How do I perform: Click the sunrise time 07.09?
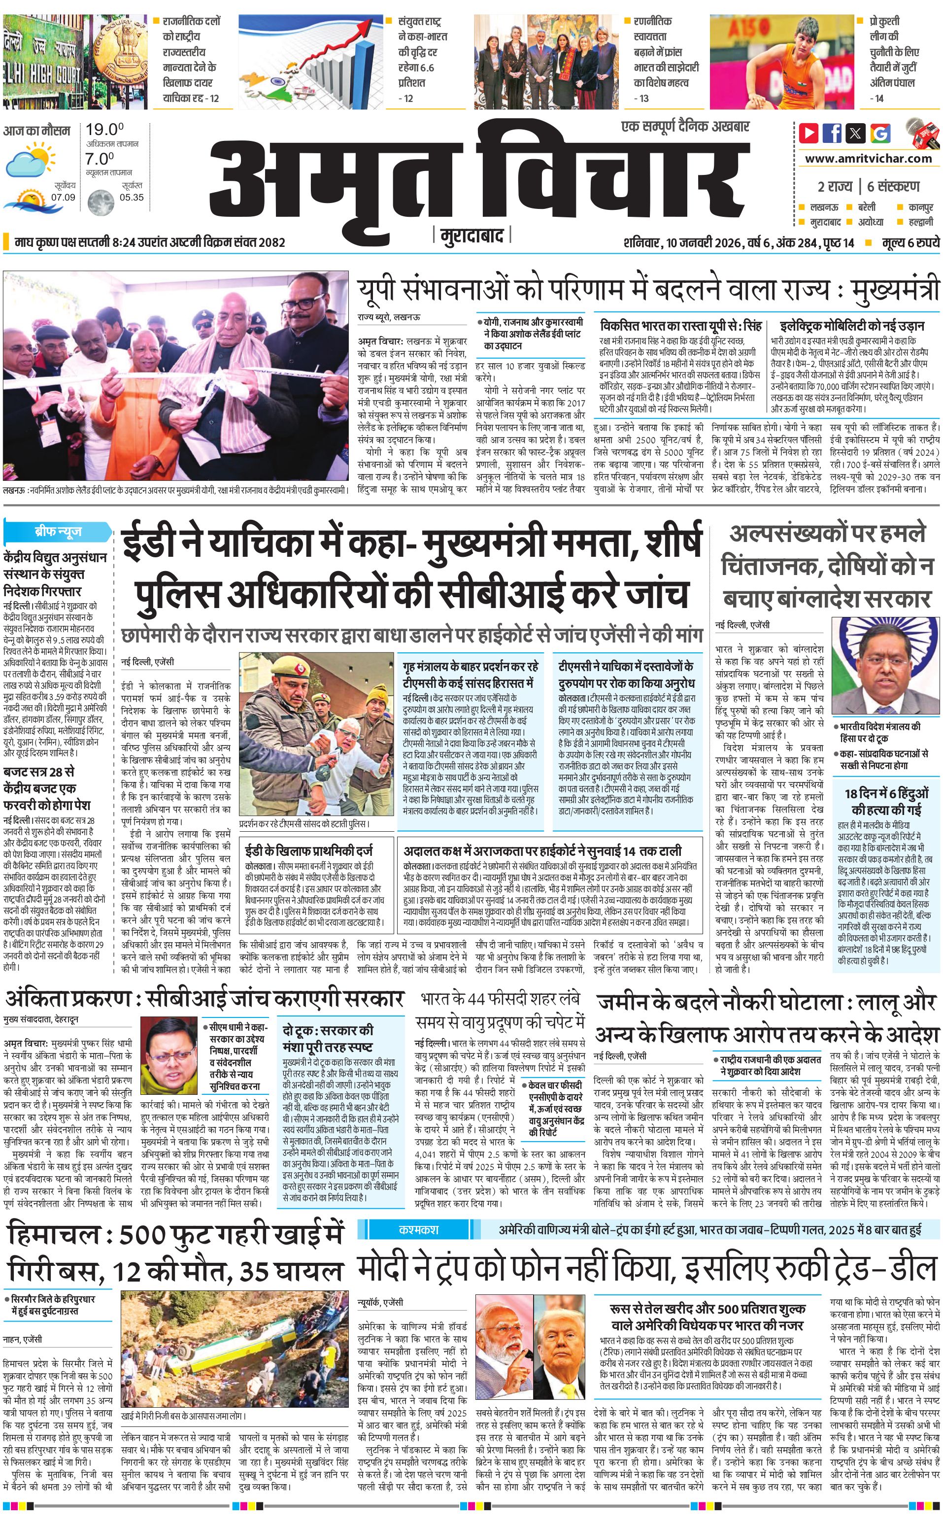coord(63,197)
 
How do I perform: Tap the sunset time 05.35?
coord(132,197)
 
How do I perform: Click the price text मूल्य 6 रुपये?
coord(910,242)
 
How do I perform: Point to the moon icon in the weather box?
coord(100,203)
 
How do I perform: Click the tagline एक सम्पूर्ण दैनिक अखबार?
coord(685,127)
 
